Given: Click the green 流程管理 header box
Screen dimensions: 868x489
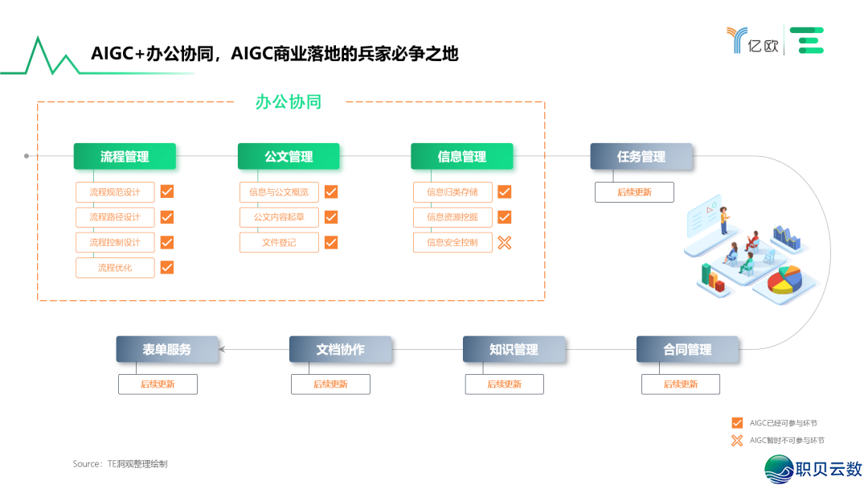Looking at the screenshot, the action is tap(125, 157).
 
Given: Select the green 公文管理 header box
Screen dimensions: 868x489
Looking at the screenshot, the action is tap(289, 157).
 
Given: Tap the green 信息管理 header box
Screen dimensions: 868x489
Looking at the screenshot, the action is tap(461, 157).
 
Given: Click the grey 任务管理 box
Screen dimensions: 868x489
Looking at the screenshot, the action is tap(641, 157).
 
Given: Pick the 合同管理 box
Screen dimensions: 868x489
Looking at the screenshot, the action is tap(687, 349).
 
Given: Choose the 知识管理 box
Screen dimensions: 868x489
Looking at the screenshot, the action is tap(514, 349).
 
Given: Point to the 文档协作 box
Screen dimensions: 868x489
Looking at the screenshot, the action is tap(340, 349).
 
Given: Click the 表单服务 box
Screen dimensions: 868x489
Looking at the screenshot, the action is tap(167, 349).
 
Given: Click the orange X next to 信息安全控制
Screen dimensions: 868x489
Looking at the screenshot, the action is tap(504, 242).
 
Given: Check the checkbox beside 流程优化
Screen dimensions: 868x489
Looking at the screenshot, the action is tap(167, 267).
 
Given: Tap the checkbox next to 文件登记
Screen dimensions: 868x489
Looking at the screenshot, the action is tap(331, 242).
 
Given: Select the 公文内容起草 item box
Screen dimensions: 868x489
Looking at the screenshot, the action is tap(279, 217).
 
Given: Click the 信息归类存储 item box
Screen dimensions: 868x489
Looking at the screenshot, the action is tap(452, 192).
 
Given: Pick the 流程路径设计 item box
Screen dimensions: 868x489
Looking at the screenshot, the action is tap(115, 217).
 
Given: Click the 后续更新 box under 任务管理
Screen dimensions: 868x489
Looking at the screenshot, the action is tap(634, 192).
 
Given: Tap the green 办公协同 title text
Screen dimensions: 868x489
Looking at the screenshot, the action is tap(289, 102).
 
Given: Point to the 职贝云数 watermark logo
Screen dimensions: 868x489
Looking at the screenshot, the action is tap(813, 469).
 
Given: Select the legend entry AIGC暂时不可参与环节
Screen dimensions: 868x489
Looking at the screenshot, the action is tap(777, 440).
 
